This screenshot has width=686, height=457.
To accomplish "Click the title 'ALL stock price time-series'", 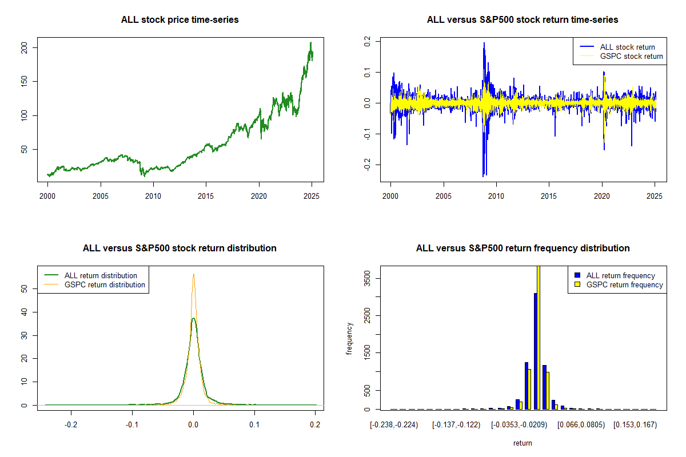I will pos(180,20).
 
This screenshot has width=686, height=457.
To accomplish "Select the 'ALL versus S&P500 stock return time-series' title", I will pos(523,20).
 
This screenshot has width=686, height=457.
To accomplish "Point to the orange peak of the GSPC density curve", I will pos(194,274).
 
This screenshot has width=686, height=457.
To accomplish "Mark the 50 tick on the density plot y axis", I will pos(25,289).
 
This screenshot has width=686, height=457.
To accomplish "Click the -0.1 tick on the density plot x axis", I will pos(133,425).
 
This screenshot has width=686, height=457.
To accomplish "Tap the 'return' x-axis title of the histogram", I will pos(523,443).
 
